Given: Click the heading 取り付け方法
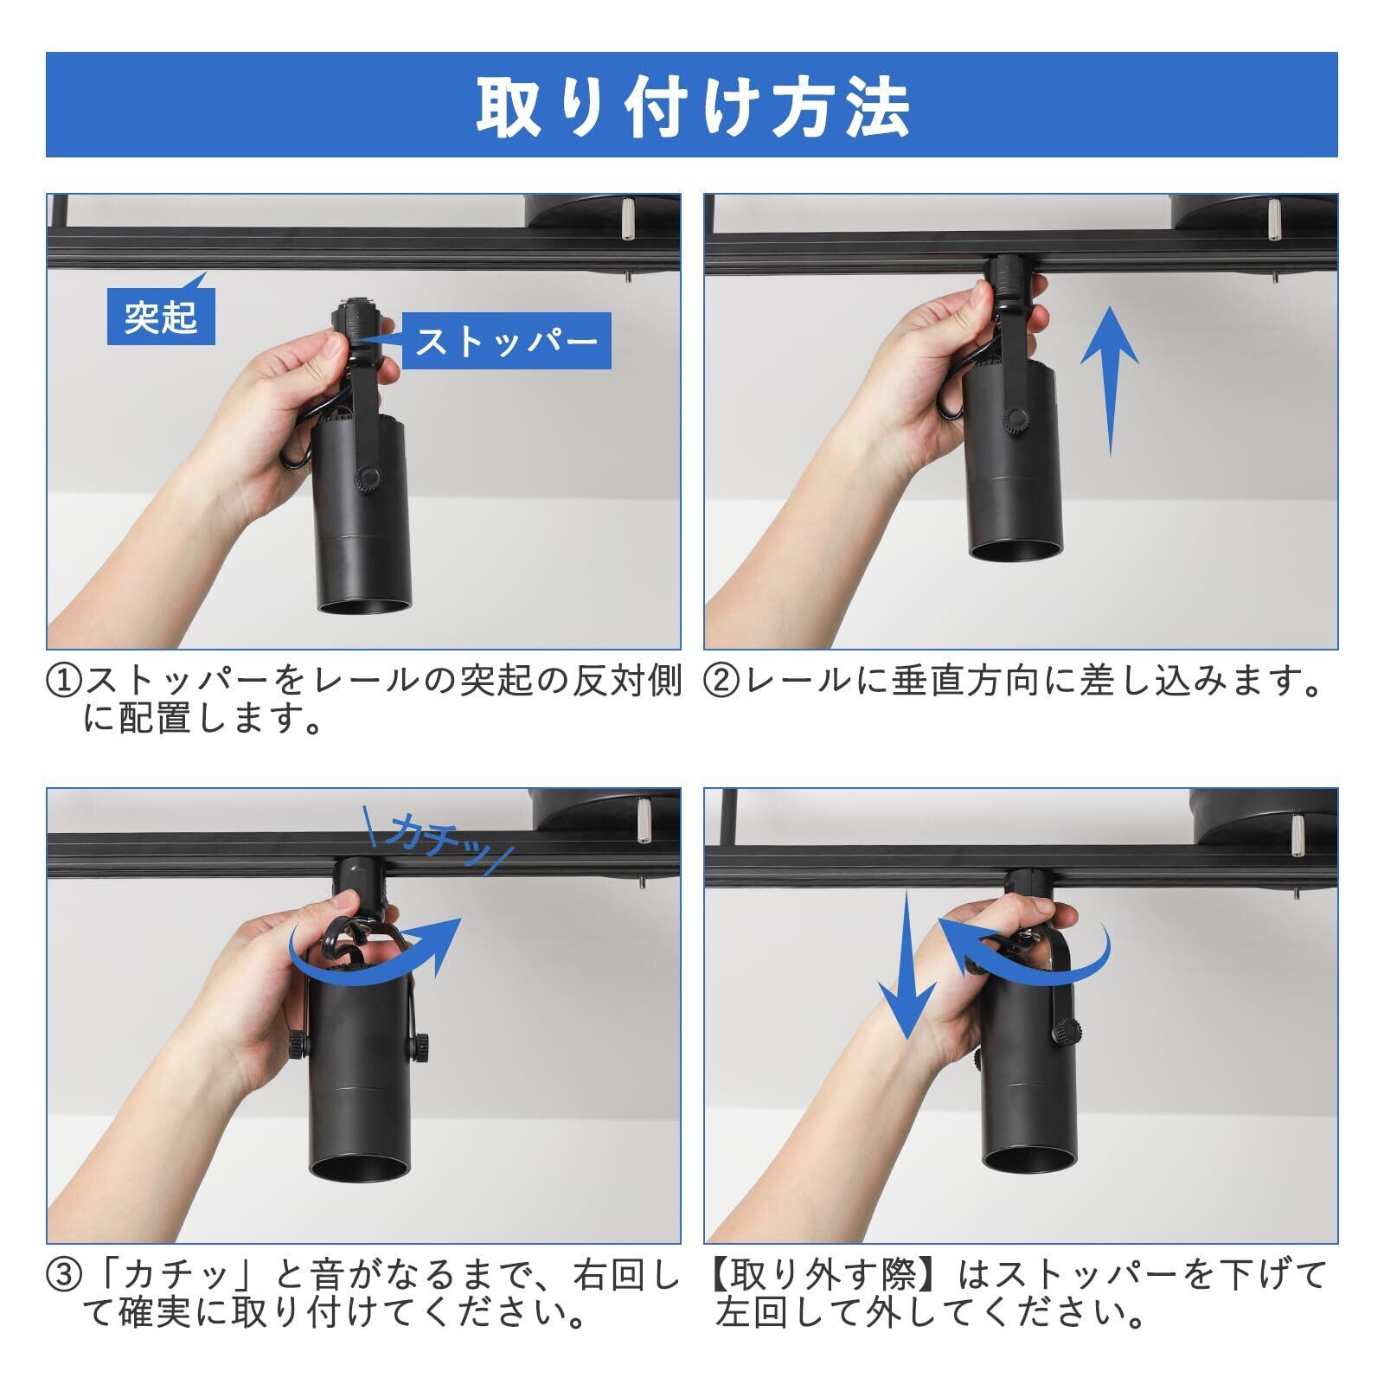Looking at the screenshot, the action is click(692, 107).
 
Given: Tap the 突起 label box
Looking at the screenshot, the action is click(161, 317).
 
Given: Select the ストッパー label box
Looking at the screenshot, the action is click(506, 341).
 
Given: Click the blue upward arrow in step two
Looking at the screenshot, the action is click(1111, 382).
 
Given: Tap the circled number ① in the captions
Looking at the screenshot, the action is click(64, 681).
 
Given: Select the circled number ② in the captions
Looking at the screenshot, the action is click(721, 681).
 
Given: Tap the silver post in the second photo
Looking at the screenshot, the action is click(1274, 221).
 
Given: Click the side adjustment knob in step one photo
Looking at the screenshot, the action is click(368, 478).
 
